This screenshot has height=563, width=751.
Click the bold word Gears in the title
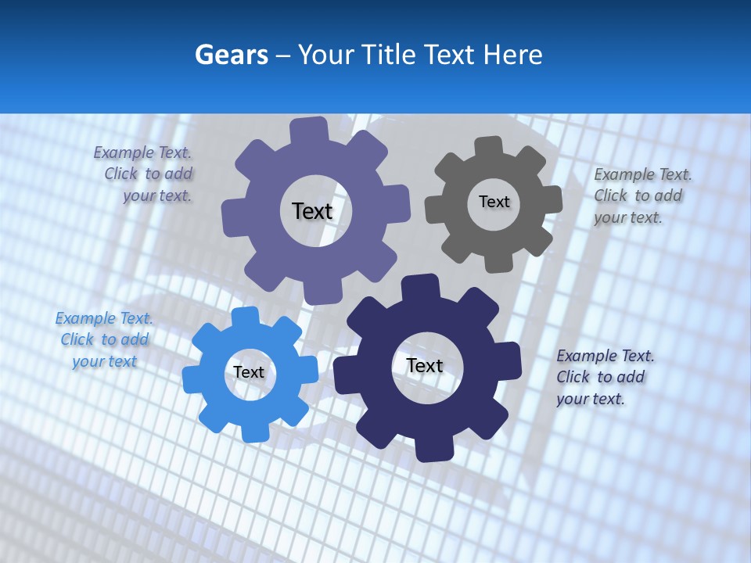coord(232,55)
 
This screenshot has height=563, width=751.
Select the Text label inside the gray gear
coord(494,202)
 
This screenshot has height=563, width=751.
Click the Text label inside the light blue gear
coord(249,372)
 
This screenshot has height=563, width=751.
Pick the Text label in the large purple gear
coord(312,211)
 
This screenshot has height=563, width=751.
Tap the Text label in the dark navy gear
coord(425,365)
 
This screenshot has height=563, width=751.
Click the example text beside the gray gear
coord(641,195)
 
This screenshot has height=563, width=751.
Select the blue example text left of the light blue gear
coord(104,339)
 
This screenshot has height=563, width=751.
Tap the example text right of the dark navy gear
coord(604,377)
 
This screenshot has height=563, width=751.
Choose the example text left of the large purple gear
coord(146,174)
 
